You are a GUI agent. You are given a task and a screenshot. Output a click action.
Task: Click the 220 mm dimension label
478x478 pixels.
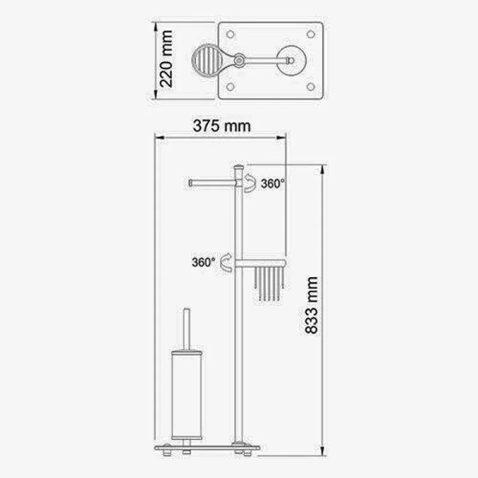click(x=167, y=59)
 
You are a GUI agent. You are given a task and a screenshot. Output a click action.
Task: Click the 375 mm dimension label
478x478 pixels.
click(x=221, y=126)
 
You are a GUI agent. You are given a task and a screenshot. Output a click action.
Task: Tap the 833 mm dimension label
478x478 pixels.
click(x=311, y=305)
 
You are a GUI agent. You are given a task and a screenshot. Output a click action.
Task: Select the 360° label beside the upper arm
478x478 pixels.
click(x=272, y=184)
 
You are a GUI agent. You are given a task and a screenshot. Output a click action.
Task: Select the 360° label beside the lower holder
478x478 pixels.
click(x=203, y=262)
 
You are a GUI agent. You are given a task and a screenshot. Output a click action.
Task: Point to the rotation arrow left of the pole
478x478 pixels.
click(x=226, y=262)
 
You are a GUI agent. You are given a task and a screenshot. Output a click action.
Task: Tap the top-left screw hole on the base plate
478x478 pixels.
click(x=230, y=34)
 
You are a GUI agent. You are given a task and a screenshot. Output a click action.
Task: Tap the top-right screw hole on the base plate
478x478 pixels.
click(x=311, y=34)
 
